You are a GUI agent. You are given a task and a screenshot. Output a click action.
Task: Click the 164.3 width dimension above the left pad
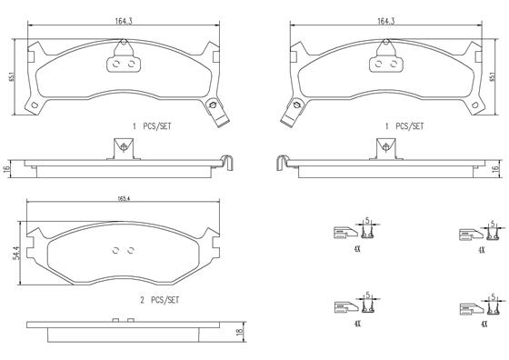pos(124,21)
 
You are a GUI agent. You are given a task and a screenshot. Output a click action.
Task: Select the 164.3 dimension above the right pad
pos(385,21)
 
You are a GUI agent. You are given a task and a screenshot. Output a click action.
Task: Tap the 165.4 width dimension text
pos(124,199)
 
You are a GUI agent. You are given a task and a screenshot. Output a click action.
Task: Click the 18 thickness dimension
pos(240,332)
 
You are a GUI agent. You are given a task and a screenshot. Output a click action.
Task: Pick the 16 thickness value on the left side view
pos(7,168)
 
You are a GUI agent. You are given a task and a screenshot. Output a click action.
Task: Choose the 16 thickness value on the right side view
pos(494,169)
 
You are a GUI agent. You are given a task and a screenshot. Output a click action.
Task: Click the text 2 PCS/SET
pos(159,300)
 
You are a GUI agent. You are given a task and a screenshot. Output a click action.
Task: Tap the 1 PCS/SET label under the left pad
pos(152,126)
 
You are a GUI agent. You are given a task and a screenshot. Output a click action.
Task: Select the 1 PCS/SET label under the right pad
pos(404,126)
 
